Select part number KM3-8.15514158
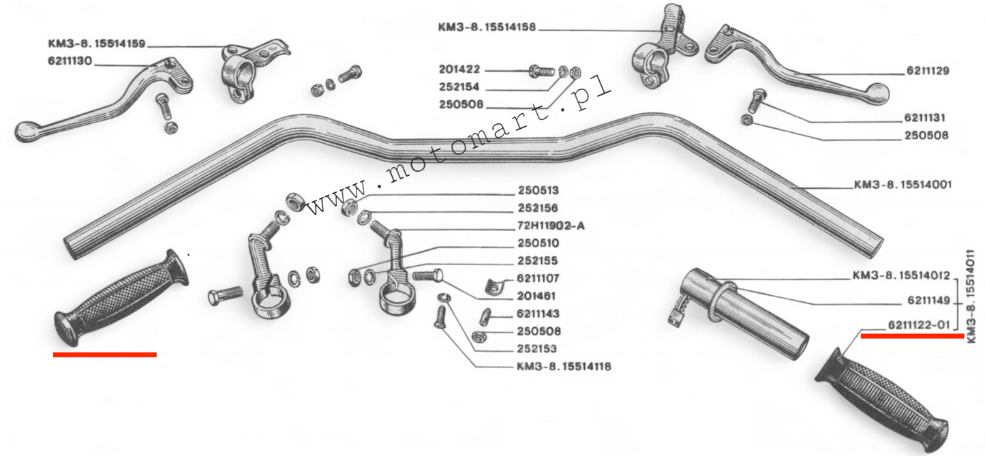pos(487,28)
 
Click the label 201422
pos(460,70)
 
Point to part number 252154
pos(460,88)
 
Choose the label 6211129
pos(928,71)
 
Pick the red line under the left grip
pos(104,354)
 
